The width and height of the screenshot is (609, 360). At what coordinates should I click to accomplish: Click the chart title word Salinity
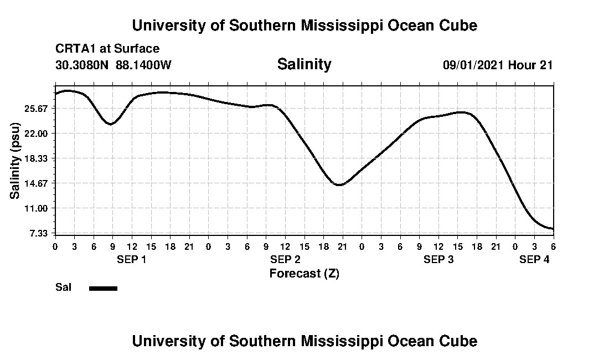click(x=304, y=64)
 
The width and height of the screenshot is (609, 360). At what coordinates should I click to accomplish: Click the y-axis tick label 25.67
click(x=38, y=108)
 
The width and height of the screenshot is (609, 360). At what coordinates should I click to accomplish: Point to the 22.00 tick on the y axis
click(x=38, y=133)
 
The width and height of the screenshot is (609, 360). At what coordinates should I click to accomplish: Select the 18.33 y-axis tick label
click(x=38, y=158)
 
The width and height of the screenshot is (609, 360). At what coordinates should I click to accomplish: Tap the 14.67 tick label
click(x=38, y=183)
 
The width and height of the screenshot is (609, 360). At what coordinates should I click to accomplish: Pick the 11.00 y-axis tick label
click(x=38, y=208)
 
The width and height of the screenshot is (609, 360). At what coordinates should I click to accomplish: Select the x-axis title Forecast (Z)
click(x=304, y=273)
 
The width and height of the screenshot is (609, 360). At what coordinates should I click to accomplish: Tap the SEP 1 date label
click(x=131, y=259)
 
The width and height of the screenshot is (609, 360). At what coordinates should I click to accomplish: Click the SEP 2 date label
click(x=285, y=259)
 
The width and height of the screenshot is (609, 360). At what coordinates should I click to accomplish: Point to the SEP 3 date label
click(x=438, y=259)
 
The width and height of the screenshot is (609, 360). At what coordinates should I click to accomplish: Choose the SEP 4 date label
click(x=534, y=259)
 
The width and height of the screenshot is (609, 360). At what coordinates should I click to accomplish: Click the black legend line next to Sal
click(x=103, y=288)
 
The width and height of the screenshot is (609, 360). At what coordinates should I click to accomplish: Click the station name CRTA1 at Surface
click(x=107, y=49)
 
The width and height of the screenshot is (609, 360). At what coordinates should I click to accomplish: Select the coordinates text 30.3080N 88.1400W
click(x=113, y=65)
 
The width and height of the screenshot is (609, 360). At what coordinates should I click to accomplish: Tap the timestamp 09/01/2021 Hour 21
click(x=498, y=65)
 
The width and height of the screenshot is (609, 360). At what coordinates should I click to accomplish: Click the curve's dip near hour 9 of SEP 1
click(x=111, y=124)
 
